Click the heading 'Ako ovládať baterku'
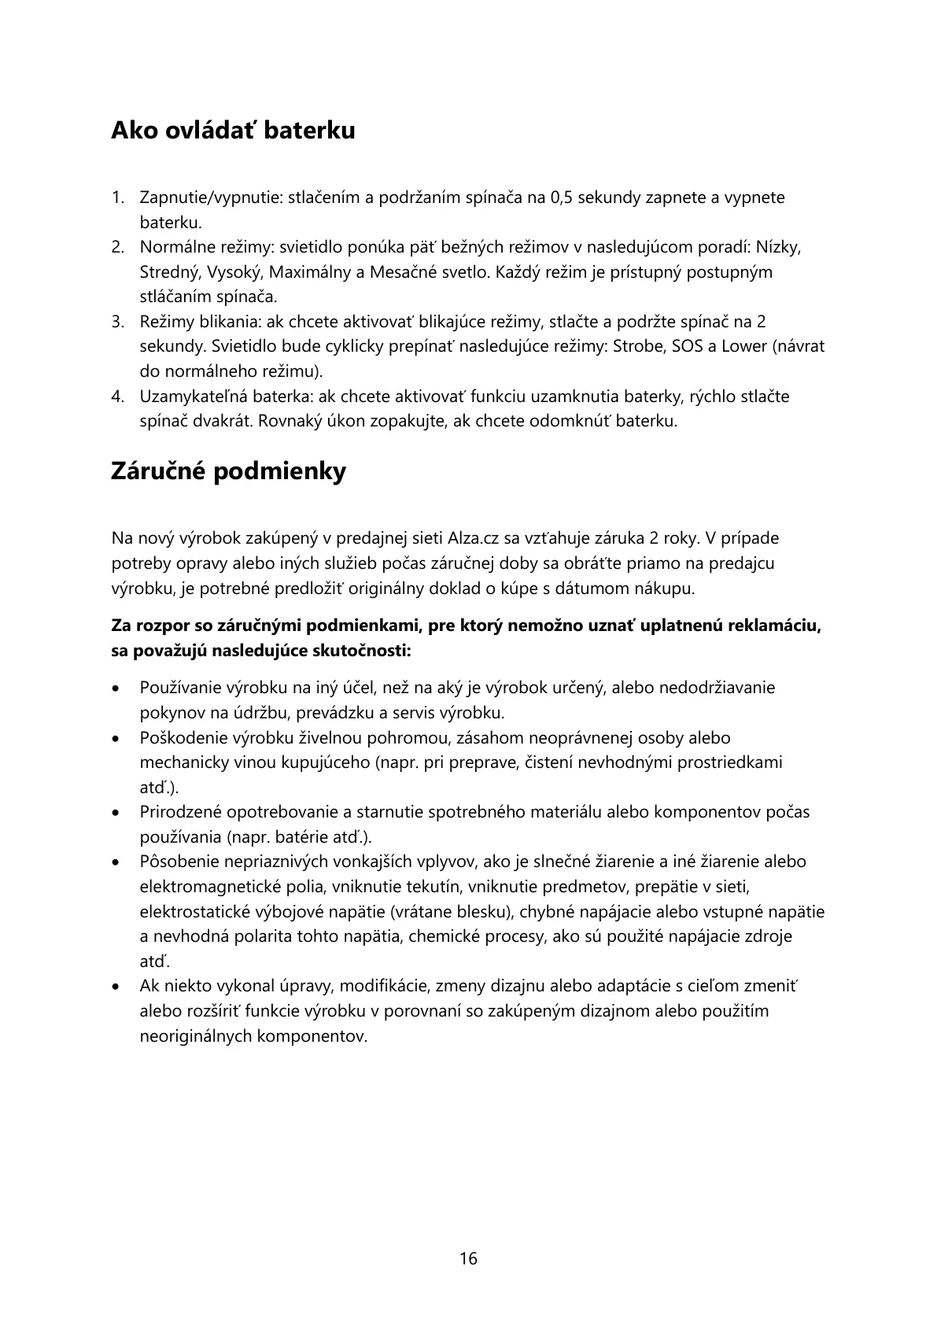pos(233,131)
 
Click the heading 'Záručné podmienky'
pos(228,472)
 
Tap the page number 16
pos(468,1258)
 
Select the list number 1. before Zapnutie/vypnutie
pos(118,197)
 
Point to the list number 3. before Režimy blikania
pos(118,322)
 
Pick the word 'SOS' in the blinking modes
pos(687,347)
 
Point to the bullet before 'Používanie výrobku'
pos(116,688)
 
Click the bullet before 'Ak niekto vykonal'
pos(116,987)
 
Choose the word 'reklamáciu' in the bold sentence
pos(770,626)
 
